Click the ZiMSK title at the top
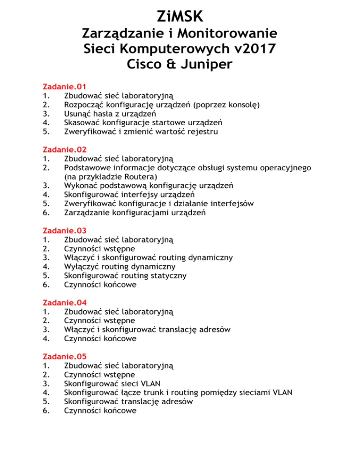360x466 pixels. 180,16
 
